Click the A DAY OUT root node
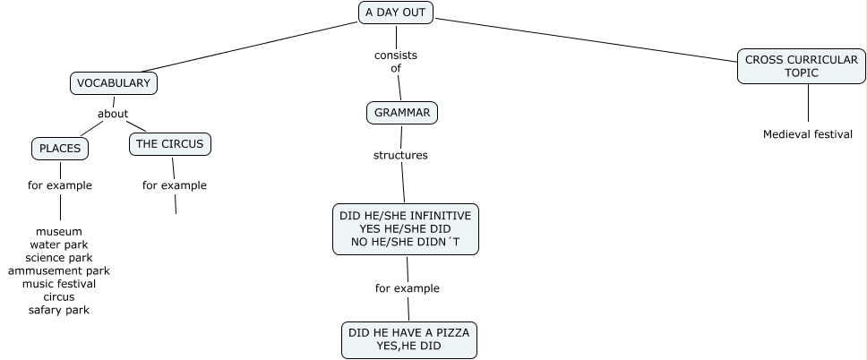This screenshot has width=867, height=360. point(396,13)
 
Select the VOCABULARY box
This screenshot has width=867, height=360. point(113,83)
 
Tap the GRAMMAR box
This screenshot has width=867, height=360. point(402,113)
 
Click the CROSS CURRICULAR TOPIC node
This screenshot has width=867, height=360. point(802,66)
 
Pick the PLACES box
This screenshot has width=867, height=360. point(60,148)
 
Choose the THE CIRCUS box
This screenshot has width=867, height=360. point(170,143)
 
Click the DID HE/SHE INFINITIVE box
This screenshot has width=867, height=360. point(406,228)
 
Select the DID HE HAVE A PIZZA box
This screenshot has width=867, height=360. point(408,339)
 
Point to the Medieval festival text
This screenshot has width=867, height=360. point(808,134)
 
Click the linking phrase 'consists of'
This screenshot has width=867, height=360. point(396,61)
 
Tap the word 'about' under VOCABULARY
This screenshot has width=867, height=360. point(113,114)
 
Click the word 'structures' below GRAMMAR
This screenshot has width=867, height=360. point(400,155)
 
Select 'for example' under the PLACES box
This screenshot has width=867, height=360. point(59,185)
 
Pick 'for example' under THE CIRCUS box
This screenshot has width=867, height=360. point(175,185)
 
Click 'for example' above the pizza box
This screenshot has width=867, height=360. point(408,288)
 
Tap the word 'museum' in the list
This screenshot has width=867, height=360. point(59,231)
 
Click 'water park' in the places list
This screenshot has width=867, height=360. point(59,244)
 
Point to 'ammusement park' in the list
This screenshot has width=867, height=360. point(59,270)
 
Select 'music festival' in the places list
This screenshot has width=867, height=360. point(59,284)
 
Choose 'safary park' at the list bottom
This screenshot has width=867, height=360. point(59,310)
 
